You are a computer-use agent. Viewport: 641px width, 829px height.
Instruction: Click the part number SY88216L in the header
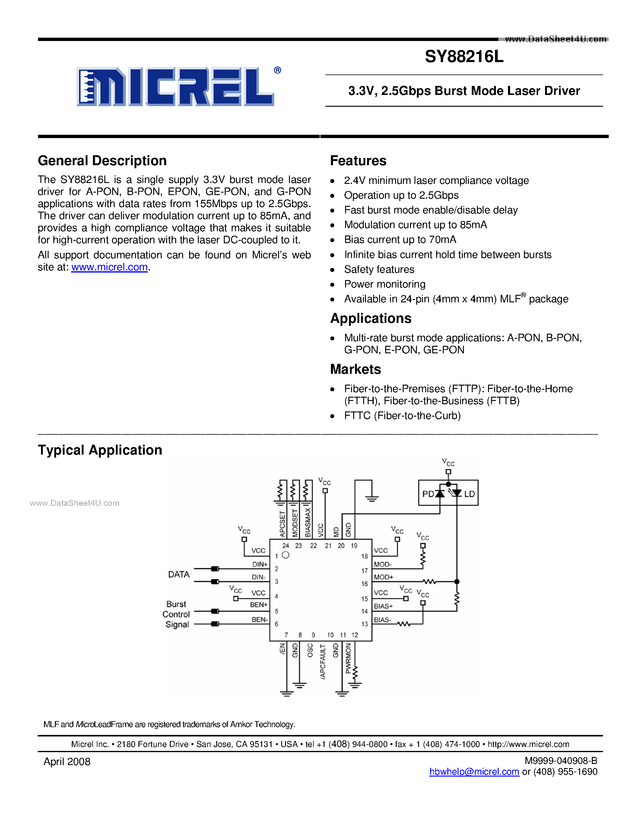464,57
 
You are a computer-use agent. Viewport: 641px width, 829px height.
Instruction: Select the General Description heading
102,161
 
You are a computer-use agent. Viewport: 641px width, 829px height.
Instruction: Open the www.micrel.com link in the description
109,267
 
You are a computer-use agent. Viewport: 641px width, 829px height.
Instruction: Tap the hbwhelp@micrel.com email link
474,772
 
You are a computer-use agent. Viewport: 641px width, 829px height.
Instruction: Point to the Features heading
358,161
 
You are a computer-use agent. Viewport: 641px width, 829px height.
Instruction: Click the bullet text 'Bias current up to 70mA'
400,240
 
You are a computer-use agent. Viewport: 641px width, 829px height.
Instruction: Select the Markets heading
355,369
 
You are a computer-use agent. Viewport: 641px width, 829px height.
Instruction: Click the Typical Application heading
100,450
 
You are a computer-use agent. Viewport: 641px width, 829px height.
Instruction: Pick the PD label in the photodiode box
428,494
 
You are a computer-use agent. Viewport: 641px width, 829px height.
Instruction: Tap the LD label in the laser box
469,494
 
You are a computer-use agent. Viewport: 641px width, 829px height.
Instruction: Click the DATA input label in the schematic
179,574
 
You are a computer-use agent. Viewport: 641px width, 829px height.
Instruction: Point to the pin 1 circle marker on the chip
286,555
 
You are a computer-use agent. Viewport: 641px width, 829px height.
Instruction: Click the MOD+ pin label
383,577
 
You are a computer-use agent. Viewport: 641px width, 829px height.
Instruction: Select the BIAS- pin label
382,620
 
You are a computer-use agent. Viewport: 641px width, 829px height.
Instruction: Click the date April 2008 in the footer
67,762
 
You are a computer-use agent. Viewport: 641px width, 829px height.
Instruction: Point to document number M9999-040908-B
561,761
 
